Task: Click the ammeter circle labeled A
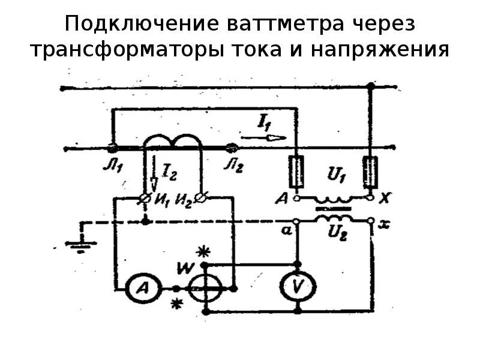[x=141, y=289]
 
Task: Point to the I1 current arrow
[x=272, y=137]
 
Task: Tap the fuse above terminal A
[x=296, y=173]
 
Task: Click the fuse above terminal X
[x=370, y=173]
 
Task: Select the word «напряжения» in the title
[x=380, y=49]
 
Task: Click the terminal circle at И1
[x=145, y=197]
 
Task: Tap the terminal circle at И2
[x=202, y=197]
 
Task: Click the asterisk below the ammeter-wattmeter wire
[x=175, y=304]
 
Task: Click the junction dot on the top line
[x=370, y=87]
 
